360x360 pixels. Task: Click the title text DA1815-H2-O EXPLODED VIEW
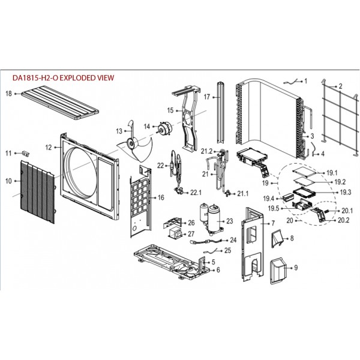[63, 78]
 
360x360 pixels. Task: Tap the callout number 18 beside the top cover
[8, 94]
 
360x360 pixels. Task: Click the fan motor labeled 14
[164, 128]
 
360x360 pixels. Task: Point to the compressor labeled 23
[211, 218]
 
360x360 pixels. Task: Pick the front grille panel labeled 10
[38, 192]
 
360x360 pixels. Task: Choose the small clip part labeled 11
[26, 153]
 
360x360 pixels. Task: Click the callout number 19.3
[346, 192]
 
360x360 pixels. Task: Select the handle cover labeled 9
[278, 271]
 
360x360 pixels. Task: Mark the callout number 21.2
[206, 151]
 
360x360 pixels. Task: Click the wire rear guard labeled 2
[340, 117]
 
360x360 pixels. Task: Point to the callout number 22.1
[196, 193]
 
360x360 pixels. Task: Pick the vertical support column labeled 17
[221, 113]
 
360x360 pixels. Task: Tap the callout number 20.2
[343, 220]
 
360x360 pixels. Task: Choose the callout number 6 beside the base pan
[218, 270]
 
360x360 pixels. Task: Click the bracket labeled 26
[172, 223]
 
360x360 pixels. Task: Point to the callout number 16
[161, 197]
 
